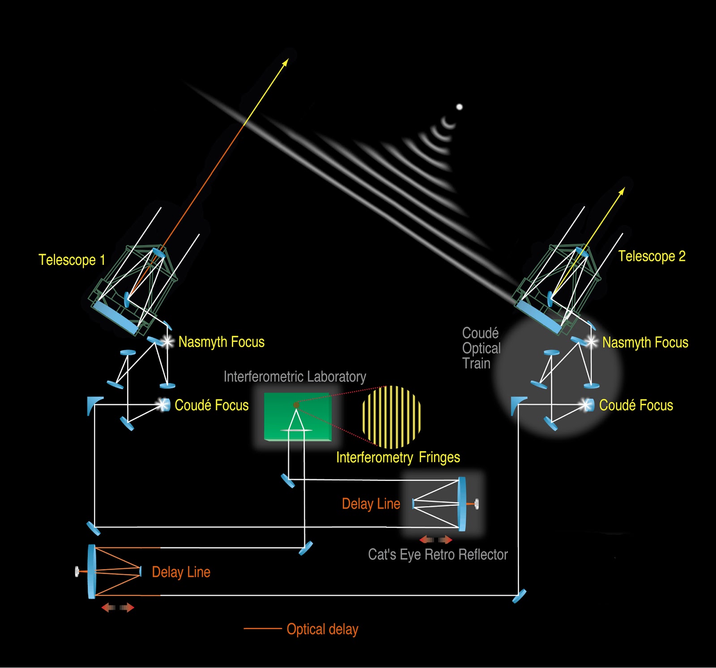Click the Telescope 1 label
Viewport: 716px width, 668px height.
tap(72, 260)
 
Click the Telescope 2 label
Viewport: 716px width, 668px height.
tap(652, 256)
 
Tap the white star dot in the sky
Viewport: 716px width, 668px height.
tap(459, 107)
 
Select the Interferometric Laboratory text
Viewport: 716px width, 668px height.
tap(294, 377)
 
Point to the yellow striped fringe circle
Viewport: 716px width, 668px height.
tap(392, 417)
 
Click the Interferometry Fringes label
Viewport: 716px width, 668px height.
tap(398, 457)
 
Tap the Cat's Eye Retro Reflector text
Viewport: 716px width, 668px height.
tap(438, 555)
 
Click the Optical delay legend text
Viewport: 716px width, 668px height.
tap(322, 629)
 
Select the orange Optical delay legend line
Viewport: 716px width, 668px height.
tap(262, 629)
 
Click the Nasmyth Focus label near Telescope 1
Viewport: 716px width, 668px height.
tap(221, 342)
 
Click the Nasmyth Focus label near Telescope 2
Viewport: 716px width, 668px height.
tap(645, 343)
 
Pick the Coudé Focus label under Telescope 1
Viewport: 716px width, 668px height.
tap(211, 405)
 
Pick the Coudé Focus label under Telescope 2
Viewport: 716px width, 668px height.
tap(636, 405)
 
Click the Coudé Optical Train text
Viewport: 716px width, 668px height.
tap(481, 348)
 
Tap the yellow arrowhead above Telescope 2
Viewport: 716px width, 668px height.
tap(622, 191)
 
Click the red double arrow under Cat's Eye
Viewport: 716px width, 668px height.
tap(436, 540)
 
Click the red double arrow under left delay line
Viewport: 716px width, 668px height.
tap(118, 608)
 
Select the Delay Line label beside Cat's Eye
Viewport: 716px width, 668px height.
tap(371, 504)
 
